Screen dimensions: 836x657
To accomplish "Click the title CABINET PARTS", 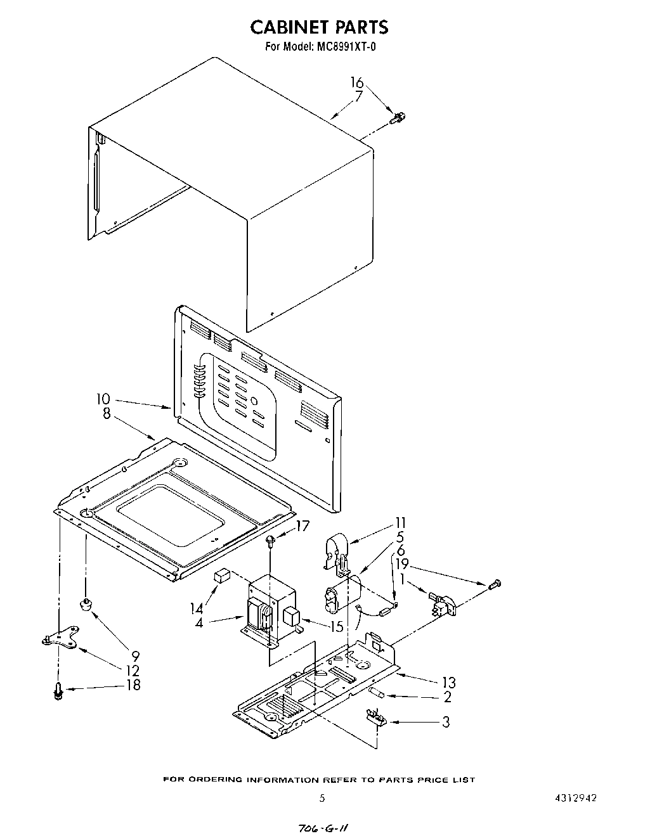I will point(319,27).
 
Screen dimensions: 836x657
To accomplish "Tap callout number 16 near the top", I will point(357,82).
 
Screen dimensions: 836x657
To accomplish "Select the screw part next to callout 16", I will point(399,117).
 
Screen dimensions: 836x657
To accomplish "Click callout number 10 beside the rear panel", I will point(103,399).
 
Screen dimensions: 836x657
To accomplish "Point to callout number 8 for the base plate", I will point(106,413).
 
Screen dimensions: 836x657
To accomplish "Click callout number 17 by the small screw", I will point(302,525).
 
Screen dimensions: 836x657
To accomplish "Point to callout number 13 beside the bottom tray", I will point(448,683).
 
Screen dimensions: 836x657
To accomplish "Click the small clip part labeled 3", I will point(376,717).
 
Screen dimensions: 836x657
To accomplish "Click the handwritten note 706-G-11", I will point(323,828).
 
